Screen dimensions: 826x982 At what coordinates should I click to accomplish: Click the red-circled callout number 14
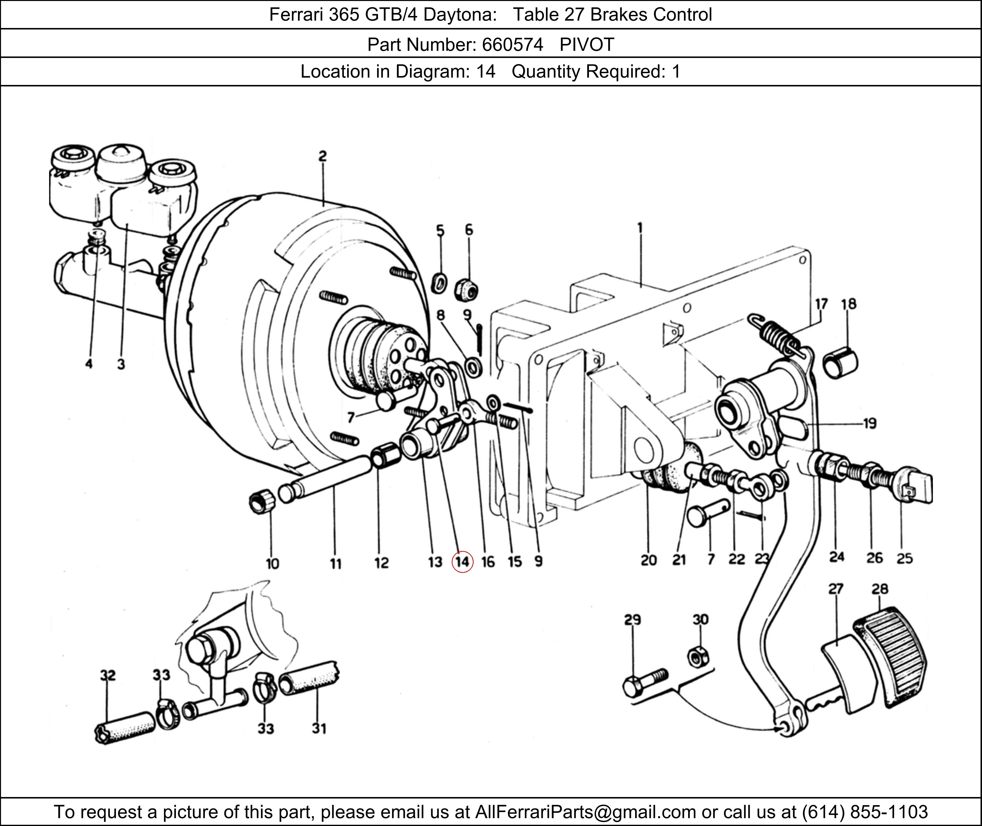[x=463, y=562]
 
